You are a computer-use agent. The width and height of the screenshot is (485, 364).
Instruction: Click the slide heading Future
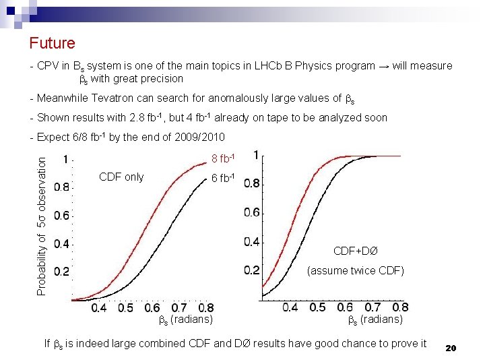click(x=52, y=44)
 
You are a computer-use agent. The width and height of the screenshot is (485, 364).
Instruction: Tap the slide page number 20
click(x=451, y=348)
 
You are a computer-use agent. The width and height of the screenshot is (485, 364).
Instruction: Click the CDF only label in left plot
click(x=121, y=177)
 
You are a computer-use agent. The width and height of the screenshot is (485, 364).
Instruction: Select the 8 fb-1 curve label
click(x=223, y=159)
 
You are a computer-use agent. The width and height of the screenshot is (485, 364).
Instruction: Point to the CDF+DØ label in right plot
click(x=356, y=251)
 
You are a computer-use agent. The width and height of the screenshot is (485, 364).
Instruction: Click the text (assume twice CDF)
click(x=355, y=271)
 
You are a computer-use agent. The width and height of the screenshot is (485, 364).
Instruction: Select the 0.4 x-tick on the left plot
click(x=98, y=308)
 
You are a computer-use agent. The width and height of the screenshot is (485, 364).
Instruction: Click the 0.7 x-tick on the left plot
click(x=179, y=308)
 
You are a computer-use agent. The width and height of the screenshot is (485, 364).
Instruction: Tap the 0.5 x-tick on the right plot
click(x=317, y=307)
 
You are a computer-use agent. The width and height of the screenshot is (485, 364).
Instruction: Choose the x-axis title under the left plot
click(x=185, y=320)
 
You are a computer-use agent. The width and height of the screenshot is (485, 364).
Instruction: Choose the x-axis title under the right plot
click(x=375, y=320)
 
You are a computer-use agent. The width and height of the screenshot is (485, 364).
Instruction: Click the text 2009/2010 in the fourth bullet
click(x=200, y=138)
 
